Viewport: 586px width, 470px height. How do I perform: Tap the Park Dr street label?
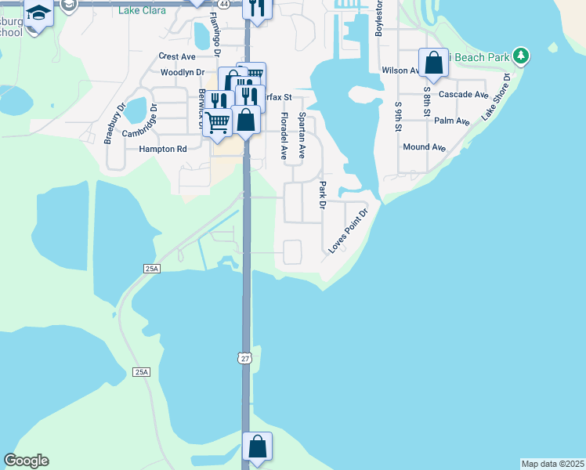pos(322,196)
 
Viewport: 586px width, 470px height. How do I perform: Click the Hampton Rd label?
pos(163,149)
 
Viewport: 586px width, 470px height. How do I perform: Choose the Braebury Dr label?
pos(114,124)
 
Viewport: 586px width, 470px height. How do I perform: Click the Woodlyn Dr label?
pos(182,72)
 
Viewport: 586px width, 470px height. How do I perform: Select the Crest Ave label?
pos(176,56)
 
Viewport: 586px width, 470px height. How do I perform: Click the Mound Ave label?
pos(424,147)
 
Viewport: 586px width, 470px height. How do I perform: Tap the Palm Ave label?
pos(451,121)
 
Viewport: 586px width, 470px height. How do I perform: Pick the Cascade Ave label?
pos(464,95)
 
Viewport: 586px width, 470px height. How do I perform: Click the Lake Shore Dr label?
pos(497,97)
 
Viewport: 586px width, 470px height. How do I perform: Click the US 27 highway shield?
pos(245,358)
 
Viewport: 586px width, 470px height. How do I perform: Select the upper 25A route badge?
pos(152,269)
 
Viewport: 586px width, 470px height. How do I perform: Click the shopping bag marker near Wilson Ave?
pos(433,63)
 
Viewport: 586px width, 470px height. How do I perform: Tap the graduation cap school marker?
pos(38,13)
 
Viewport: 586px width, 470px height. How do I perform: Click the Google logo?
pos(26,461)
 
